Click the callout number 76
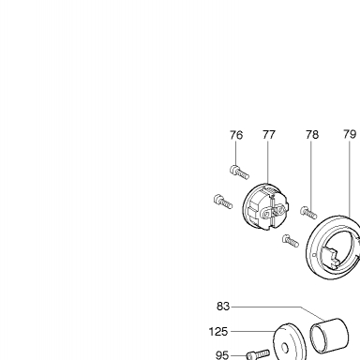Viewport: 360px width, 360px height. tap(236, 135)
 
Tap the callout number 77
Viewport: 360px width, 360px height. tap(269, 135)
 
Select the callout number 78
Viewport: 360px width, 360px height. tap(312, 135)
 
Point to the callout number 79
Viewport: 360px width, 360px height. tap(350, 134)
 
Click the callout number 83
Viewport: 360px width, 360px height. tap(223, 307)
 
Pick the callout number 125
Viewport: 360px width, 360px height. tap(218, 332)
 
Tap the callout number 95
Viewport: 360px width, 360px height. tap(222, 355)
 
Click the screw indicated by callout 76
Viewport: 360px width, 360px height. tap(239, 172)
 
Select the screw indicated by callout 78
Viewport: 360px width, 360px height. tap(308, 213)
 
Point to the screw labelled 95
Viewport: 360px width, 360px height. tap(258, 354)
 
